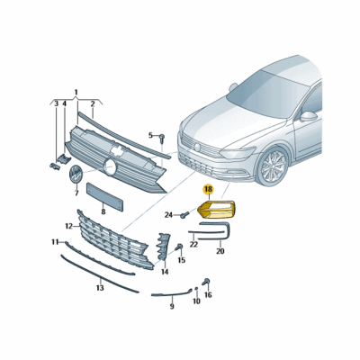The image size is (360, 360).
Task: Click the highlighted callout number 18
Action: coord(208,189)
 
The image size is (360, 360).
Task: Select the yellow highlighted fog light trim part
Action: coord(217,209)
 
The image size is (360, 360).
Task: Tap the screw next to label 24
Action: coord(184,214)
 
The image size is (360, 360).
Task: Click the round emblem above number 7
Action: coord(76,174)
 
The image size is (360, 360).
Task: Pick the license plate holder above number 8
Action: coord(105,197)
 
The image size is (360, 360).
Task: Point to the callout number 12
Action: coord(69,226)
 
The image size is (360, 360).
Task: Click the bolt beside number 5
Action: coord(162,138)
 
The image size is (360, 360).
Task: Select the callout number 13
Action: coord(100,288)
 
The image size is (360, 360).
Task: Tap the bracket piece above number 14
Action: coord(163,246)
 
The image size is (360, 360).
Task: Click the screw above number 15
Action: coord(180,247)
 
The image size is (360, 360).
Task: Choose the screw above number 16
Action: coord(206,282)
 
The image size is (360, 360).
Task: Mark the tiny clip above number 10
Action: coord(196,289)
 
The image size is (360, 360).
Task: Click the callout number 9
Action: coord(172,307)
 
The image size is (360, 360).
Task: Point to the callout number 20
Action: coord(220,251)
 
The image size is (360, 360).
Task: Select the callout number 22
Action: coord(193,245)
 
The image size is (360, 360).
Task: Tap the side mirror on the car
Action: coord(308,116)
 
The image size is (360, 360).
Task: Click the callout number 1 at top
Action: coord(76,92)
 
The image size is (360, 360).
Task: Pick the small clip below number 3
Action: coord(55,166)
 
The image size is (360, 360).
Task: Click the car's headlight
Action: coord(237,153)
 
